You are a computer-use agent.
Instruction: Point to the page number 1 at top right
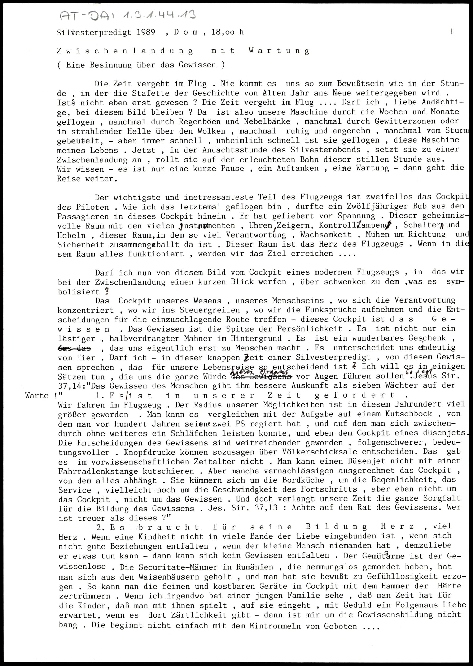(x=451, y=32)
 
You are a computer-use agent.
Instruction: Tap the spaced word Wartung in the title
(x=279, y=51)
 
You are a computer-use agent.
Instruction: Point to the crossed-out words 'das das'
(x=74, y=348)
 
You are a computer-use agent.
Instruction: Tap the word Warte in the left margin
(x=37, y=396)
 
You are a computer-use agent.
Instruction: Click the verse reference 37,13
(x=266, y=508)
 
